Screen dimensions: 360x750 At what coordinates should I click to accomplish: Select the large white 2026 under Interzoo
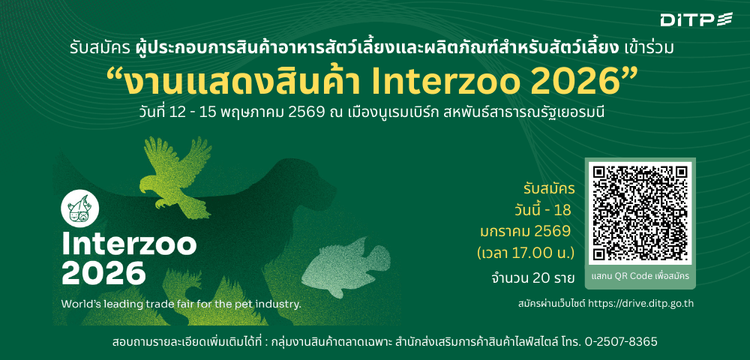point(101,272)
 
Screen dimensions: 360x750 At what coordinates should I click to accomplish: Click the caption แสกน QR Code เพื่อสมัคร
point(639,274)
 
